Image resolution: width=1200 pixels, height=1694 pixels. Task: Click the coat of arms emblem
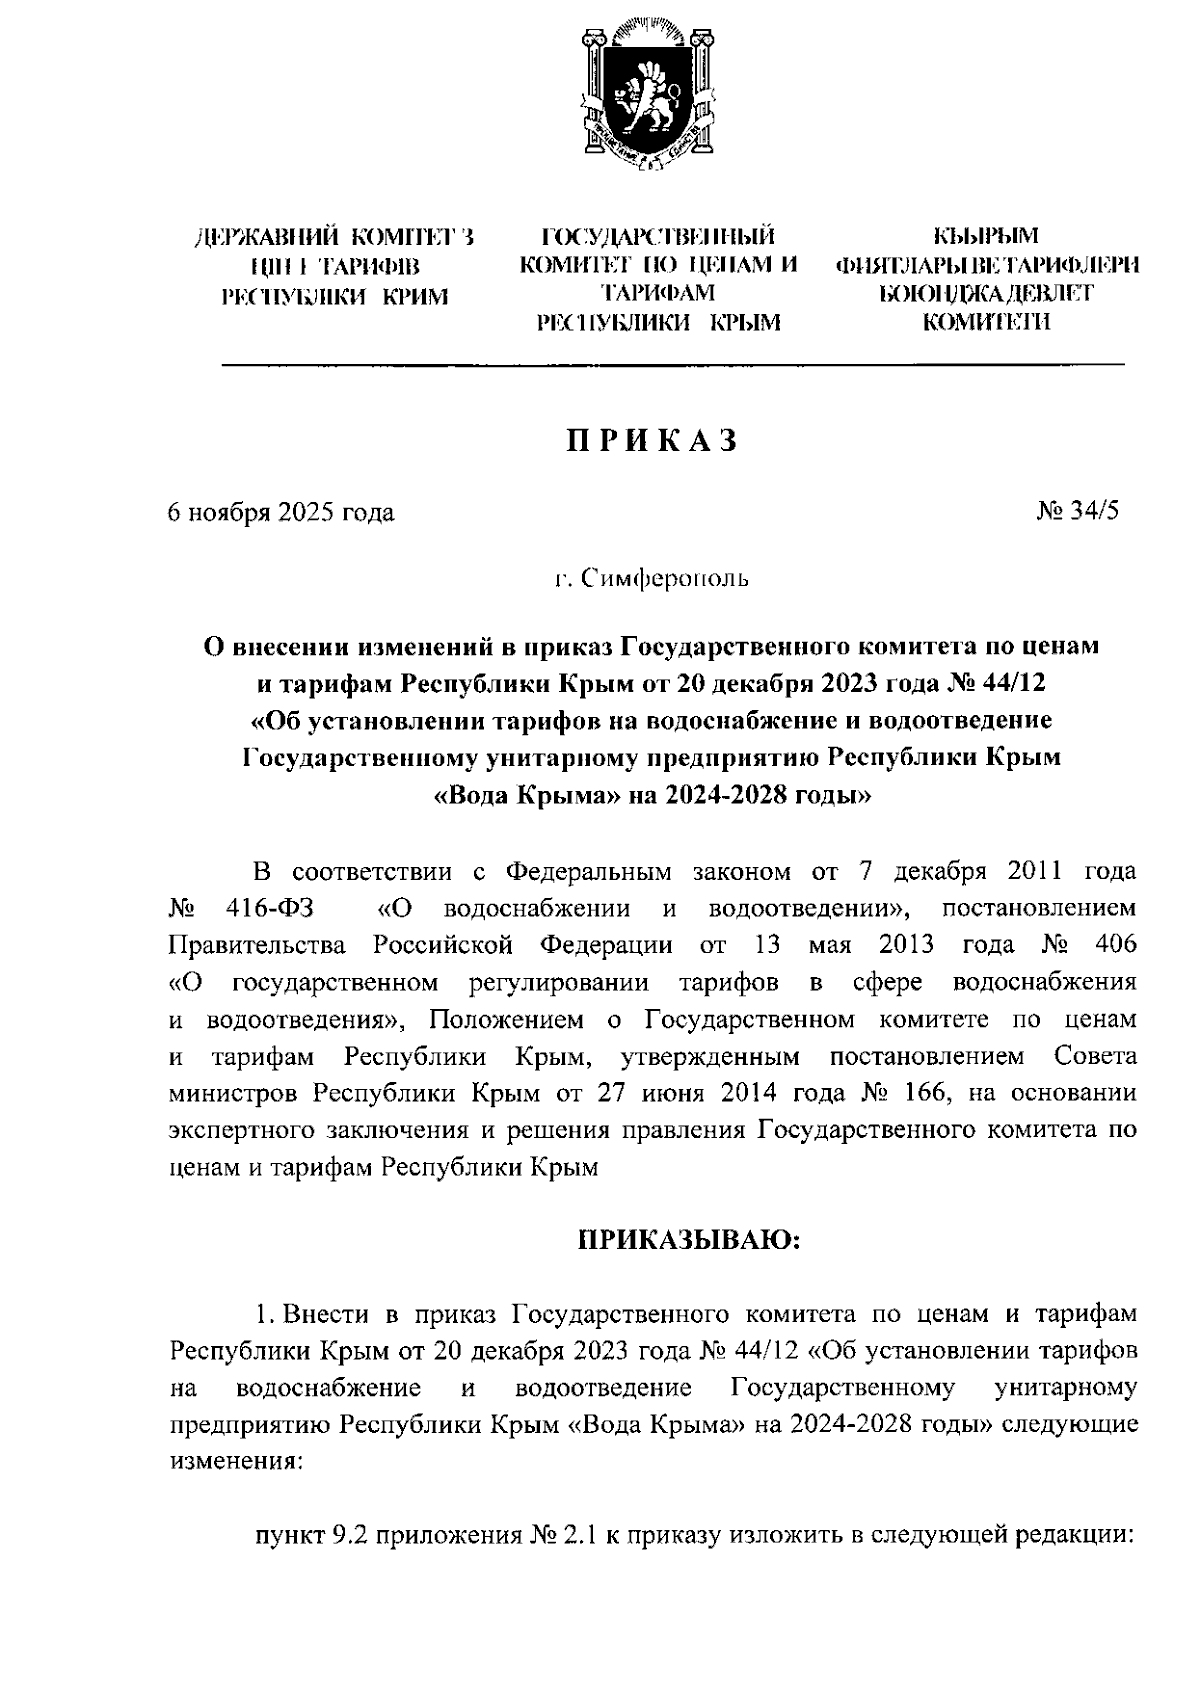coord(649,96)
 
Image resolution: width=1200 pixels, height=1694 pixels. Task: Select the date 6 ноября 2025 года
coord(281,513)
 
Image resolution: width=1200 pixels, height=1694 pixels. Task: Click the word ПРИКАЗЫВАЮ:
coord(689,1241)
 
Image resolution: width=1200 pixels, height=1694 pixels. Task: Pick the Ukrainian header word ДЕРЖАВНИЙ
coord(263,238)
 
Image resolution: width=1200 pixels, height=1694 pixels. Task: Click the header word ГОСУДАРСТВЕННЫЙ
coord(659,237)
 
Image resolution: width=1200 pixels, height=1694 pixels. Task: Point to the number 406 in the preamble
coord(1116,945)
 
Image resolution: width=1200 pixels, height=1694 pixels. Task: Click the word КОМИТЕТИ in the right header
coord(985,322)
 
